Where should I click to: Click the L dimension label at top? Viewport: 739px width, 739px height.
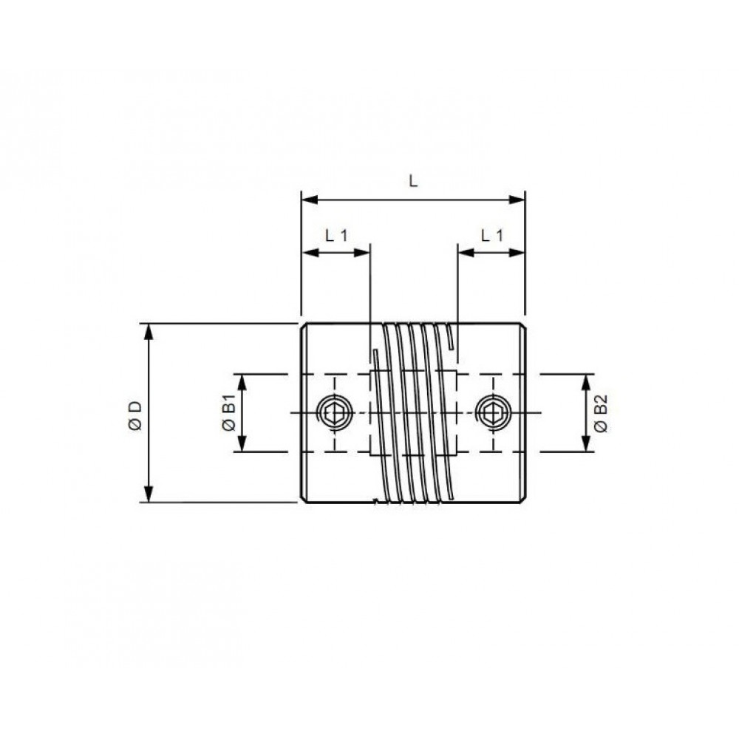(413, 180)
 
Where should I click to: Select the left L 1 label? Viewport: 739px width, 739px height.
(336, 235)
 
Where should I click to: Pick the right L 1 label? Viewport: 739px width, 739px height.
(492, 235)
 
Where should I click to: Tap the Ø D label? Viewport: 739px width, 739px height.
(136, 415)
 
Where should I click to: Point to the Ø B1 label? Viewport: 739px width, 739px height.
(229, 415)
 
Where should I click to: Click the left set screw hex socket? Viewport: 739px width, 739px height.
(335, 413)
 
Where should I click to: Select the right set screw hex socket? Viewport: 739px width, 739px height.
(493, 413)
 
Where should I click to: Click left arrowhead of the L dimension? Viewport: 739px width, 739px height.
(310, 200)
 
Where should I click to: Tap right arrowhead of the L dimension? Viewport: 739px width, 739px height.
(517, 200)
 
